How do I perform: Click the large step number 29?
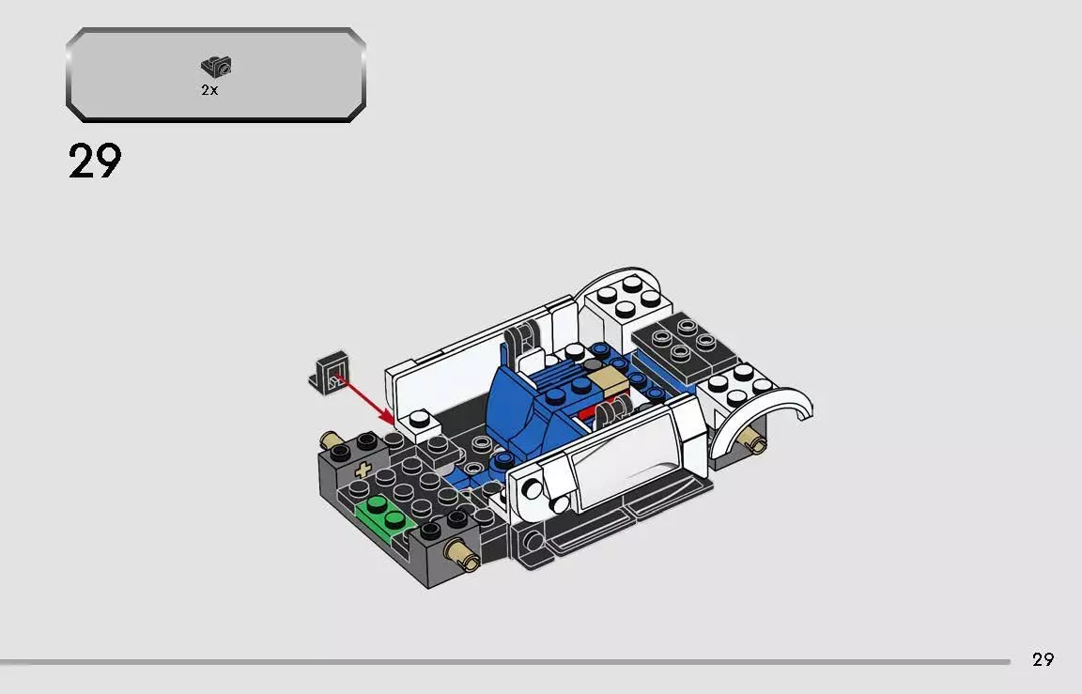point(95,161)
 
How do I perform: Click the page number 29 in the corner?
point(1043,659)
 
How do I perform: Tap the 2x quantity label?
point(209,91)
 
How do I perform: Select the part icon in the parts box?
point(216,67)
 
